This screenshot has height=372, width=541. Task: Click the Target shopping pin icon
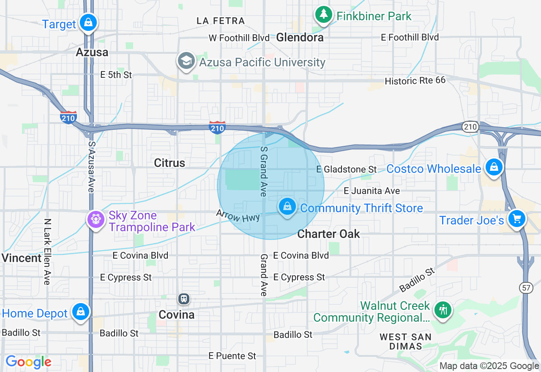pyautogui.click(x=88, y=22)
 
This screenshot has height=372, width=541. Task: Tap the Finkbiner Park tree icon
pyautogui.click(x=324, y=15)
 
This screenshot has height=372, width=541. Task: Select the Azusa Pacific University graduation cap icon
pyautogui.click(x=186, y=61)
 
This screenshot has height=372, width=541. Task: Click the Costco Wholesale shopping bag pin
pyautogui.click(x=493, y=167)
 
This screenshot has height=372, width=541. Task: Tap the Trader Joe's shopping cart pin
pyautogui.click(x=516, y=219)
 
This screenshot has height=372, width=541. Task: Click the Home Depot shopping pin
pyautogui.click(x=80, y=312)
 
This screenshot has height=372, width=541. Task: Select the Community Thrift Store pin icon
pyautogui.click(x=287, y=206)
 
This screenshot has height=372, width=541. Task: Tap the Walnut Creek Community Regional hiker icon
pyautogui.click(x=443, y=310)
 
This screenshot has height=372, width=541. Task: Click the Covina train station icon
pyautogui.click(x=183, y=299)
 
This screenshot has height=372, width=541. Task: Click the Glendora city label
pyautogui.click(x=300, y=37)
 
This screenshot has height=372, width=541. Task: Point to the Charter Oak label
pyautogui.click(x=328, y=234)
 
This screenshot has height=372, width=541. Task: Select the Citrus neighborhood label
pyautogui.click(x=169, y=163)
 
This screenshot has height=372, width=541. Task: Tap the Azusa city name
pyautogui.click(x=92, y=52)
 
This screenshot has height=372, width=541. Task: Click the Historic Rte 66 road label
pyautogui.click(x=415, y=80)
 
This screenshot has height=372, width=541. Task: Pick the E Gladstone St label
pyautogui.click(x=347, y=170)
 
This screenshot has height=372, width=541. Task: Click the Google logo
pyautogui.click(x=28, y=362)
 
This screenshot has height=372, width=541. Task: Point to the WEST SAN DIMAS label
pyautogui.click(x=405, y=342)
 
